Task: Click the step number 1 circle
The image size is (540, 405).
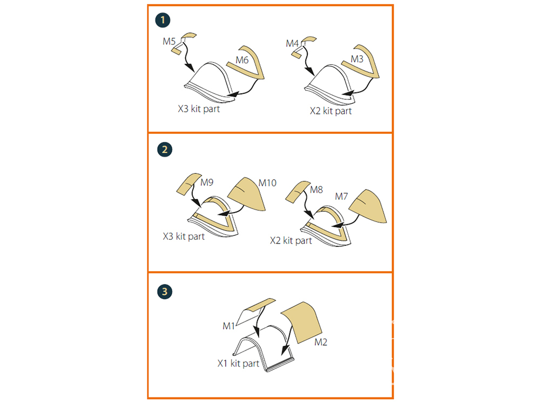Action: (163, 20)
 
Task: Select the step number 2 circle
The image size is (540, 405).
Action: (165, 150)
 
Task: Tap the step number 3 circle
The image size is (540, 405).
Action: (165, 292)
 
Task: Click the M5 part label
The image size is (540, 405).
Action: (169, 42)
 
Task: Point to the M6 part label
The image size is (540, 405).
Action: (242, 60)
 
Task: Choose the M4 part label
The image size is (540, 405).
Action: (292, 43)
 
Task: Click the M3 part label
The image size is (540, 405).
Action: (357, 59)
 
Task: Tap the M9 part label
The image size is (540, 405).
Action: (207, 182)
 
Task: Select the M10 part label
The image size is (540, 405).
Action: (267, 183)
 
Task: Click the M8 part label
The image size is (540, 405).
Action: (316, 190)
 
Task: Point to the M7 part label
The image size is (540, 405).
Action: (341, 197)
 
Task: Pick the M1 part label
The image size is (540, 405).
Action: (228, 326)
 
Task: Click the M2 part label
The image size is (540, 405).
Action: (321, 342)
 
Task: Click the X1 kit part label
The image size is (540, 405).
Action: (238, 363)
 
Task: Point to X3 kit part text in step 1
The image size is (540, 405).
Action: (199, 109)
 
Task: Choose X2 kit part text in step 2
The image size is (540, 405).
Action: (291, 240)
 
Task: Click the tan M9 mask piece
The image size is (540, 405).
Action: (188, 184)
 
